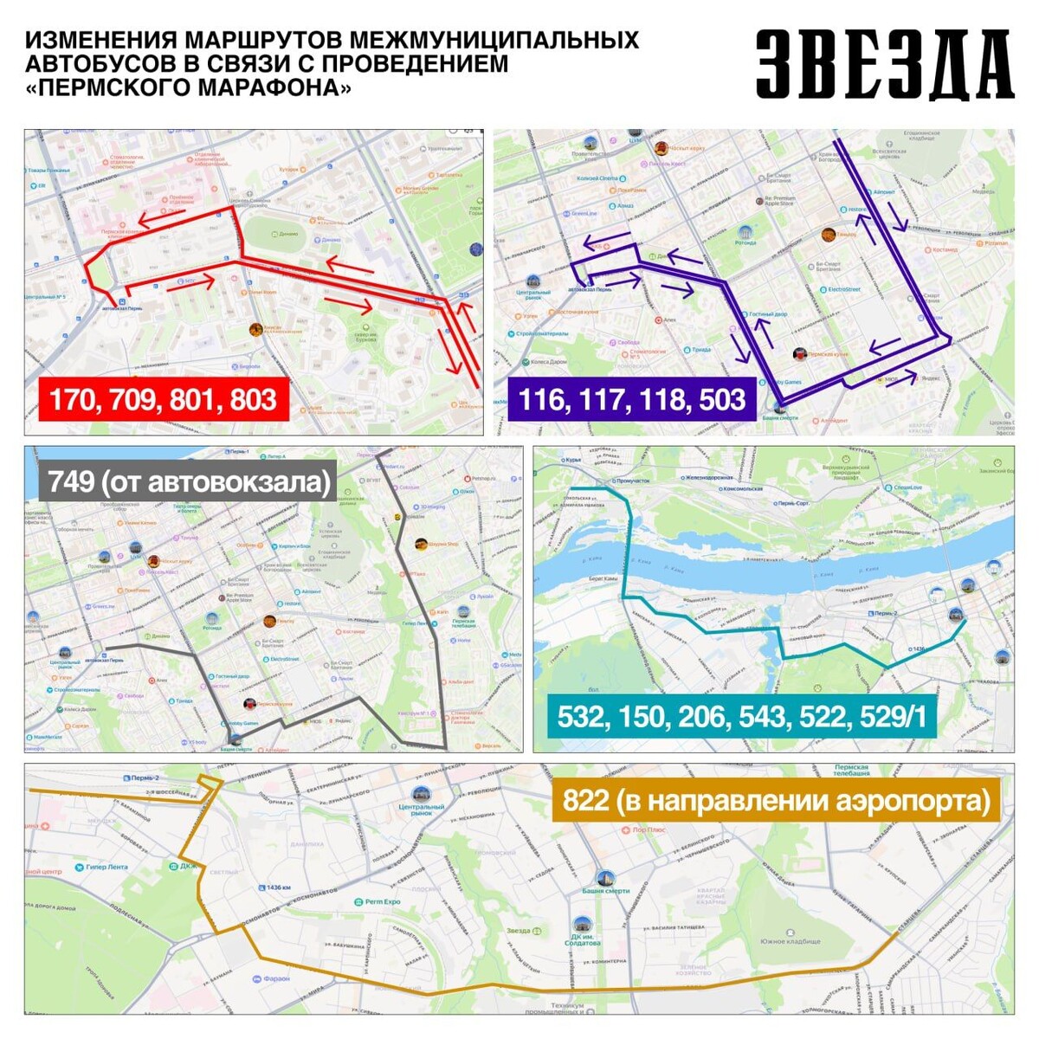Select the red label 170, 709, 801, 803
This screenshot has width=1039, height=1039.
pos(163,400)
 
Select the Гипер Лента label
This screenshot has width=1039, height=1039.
pos(106,867)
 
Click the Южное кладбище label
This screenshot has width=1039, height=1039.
pos(790,941)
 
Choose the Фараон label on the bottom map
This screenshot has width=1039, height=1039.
pos(275,978)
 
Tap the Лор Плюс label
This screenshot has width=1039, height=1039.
pos(649,829)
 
